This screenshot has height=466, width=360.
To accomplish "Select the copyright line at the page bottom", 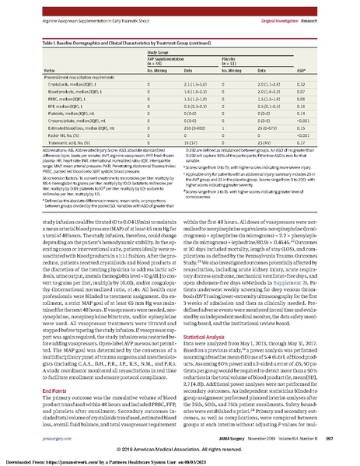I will (x=180, y=450).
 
